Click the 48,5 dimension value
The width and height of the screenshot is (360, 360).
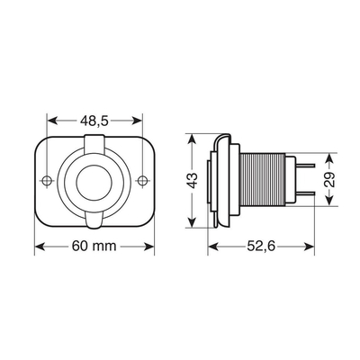pyautogui.click(x=94, y=120)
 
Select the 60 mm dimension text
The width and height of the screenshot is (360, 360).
pyautogui.click(x=94, y=246)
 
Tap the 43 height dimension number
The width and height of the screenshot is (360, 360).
pyautogui.click(x=192, y=181)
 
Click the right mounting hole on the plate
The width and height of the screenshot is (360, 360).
pyautogui.click(x=141, y=181)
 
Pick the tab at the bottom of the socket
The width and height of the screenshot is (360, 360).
pyautogui.click(x=94, y=220)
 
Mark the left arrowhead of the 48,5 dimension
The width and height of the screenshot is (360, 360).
pyautogui.click(x=51, y=120)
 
